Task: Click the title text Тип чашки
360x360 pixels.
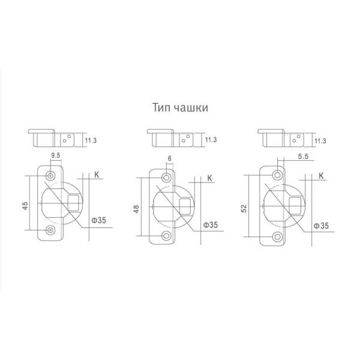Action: pyautogui.click(x=180, y=107)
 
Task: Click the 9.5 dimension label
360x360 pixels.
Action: pyautogui.click(x=56, y=155)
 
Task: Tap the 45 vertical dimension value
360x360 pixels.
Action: pyautogui.click(x=25, y=205)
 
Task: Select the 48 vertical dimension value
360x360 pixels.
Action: pyautogui.click(x=136, y=209)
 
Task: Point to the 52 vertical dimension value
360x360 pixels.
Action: pyautogui.click(x=244, y=208)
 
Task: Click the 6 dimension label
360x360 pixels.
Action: pyautogui.click(x=170, y=158)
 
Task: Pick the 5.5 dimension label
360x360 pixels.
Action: pyautogui.click(x=303, y=157)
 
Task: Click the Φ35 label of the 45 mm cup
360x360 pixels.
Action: pyautogui.click(x=99, y=220)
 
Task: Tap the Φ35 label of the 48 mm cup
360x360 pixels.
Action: pyautogui.click(x=211, y=225)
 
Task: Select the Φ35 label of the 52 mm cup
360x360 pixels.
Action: pyautogui.click(x=321, y=226)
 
